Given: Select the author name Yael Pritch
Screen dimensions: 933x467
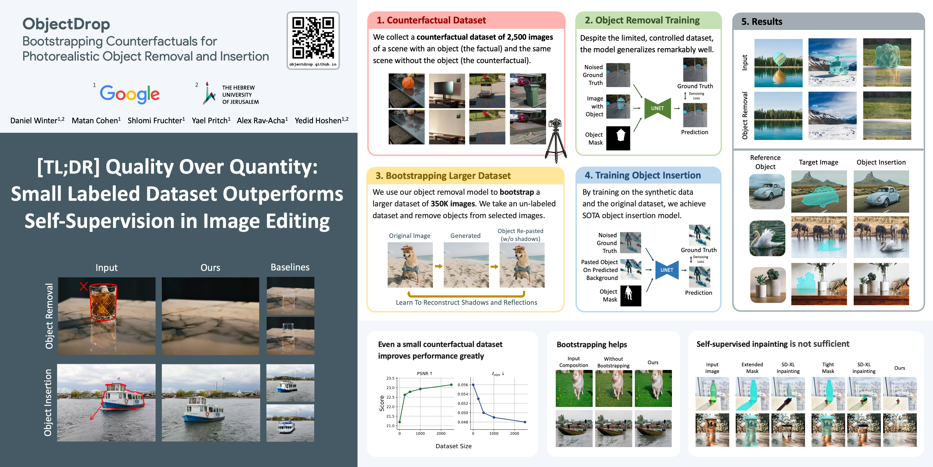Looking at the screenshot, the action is pos(211,120).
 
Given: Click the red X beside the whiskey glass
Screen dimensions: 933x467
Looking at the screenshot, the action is pos(84,287).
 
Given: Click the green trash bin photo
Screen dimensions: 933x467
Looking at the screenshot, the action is pos(528,91).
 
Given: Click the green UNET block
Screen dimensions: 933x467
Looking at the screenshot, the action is pos(657,108).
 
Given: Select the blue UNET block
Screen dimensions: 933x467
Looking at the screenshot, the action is pos(667,270).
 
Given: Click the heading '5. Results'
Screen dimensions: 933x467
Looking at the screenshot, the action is pos(762,22).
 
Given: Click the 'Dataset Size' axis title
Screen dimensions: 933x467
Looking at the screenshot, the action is pos(453,446).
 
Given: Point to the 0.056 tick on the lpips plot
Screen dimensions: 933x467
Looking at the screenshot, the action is pos(463,385).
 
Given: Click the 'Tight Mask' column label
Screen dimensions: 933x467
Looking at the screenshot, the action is pos(828,368).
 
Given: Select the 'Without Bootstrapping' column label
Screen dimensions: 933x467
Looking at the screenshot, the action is pos(613,362).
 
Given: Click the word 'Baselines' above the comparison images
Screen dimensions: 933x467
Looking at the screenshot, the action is pos(290,267).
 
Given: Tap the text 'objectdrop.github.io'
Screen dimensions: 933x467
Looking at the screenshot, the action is pos(313,64).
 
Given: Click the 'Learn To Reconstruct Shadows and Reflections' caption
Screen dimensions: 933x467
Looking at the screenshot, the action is pos(466,302).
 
